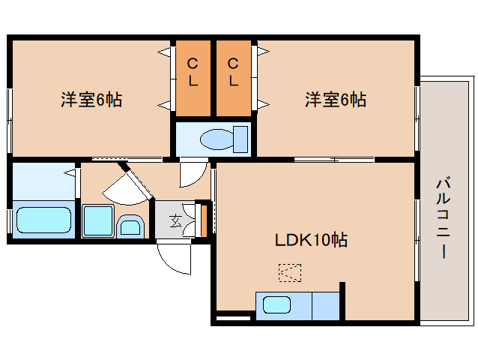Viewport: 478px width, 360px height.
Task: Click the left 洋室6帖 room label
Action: click(91, 99)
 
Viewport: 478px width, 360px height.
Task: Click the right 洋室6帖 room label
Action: click(335, 99)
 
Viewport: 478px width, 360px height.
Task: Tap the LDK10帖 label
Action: click(310, 241)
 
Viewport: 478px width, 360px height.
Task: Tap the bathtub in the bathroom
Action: click(43, 221)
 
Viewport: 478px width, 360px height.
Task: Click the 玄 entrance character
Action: click(175, 220)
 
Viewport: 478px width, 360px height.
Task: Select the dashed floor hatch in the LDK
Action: click(289, 272)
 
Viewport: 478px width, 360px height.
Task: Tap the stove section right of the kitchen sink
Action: click(325, 306)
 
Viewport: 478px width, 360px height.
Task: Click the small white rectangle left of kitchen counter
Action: click(232, 319)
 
